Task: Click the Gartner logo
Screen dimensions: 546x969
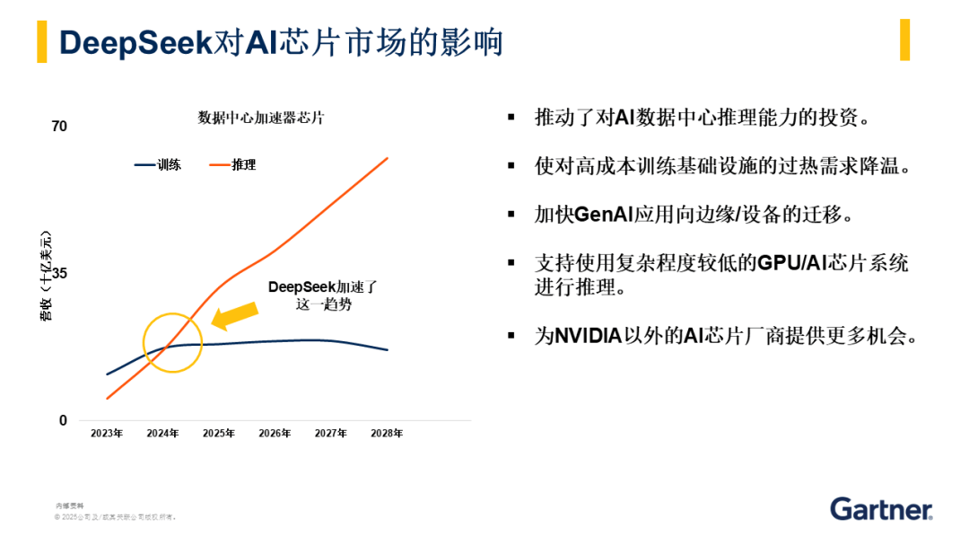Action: tap(881, 508)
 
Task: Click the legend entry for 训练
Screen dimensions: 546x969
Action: tap(159, 165)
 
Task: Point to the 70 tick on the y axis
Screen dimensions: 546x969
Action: tap(59, 127)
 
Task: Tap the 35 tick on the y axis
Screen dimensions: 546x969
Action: tap(59, 274)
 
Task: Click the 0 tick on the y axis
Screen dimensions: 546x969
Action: tap(63, 420)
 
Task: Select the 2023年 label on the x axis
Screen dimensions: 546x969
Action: tap(107, 434)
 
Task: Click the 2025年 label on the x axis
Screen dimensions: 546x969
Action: tap(219, 434)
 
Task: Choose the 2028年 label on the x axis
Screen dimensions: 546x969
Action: tap(387, 434)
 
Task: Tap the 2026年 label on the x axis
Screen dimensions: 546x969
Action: tap(275, 434)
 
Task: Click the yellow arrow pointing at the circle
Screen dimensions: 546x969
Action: tap(234, 314)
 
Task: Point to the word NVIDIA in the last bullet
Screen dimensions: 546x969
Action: tap(589, 337)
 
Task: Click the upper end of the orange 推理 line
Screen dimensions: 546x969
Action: tap(387, 159)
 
